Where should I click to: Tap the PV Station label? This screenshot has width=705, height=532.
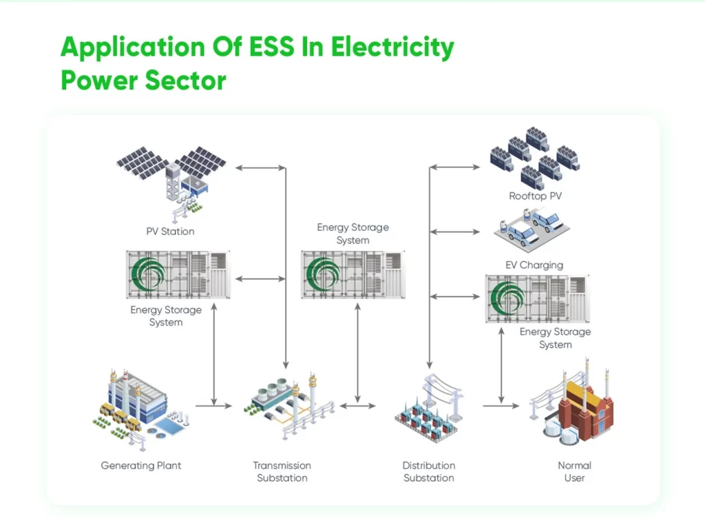coord(170,232)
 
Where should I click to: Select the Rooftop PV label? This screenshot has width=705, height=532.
coord(535,196)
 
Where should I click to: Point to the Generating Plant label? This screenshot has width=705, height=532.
coord(141,465)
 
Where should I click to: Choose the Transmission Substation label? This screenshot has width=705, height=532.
coord(282,471)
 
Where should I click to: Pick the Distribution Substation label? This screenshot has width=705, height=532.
coord(429,471)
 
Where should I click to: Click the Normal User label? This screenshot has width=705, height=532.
coord(574,471)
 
